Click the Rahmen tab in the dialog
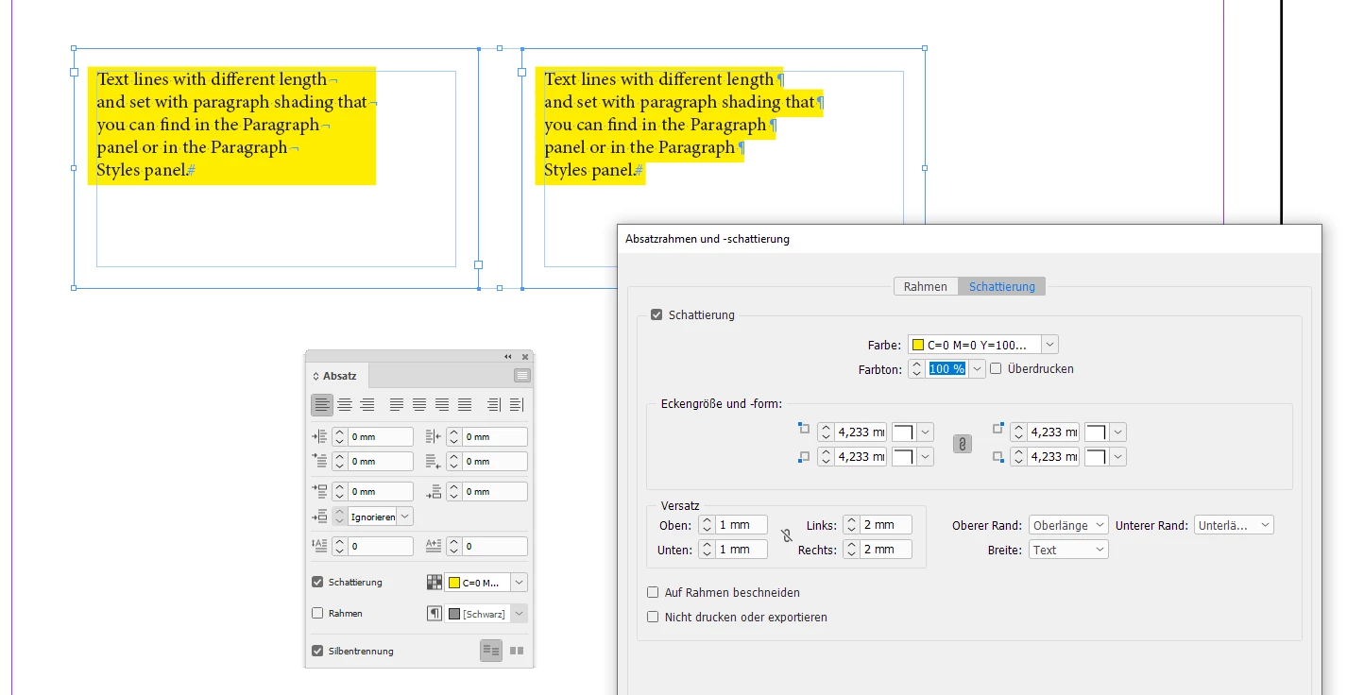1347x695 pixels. (926, 287)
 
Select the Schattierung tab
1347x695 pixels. (1002, 287)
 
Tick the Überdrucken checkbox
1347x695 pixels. (996, 368)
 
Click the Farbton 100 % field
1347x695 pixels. (947, 368)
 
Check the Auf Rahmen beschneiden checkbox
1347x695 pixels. (653, 592)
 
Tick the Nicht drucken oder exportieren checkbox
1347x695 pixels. (653, 617)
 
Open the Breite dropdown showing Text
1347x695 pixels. (1068, 550)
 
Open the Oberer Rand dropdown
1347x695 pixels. (1068, 525)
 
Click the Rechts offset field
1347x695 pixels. (886, 550)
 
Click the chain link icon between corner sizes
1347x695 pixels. (963, 445)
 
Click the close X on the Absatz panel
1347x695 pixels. (525, 357)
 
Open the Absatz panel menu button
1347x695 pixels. (522, 376)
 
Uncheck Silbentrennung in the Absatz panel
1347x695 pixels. (317, 651)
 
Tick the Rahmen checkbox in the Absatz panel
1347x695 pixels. (317, 613)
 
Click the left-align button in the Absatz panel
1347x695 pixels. (322, 404)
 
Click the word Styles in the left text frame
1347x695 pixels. (118, 170)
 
